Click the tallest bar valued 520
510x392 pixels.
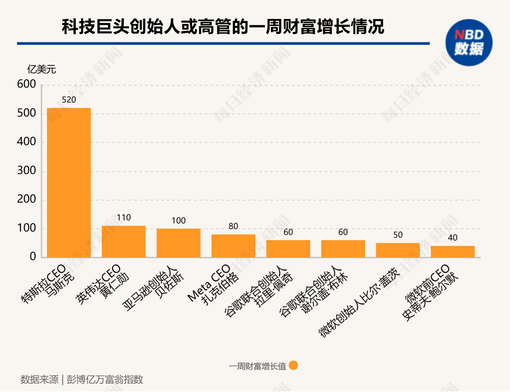pyautogui.click(x=69, y=183)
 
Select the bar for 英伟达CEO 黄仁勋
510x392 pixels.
pyautogui.click(x=123, y=242)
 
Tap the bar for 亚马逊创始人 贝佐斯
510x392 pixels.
pyautogui.click(x=178, y=243)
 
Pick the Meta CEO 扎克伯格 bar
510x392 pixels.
pyautogui.click(x=233, y=246)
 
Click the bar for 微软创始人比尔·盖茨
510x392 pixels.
pyautogui.click(x=398, y=250)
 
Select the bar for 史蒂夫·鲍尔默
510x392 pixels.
pyautogui.click(x=452, y=252)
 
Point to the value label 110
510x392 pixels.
pyautogui.click(x=124, y=217)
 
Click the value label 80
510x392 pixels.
pyautogui.click(x=233, y=226)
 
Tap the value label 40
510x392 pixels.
pyautogui.click(x=452, y=238)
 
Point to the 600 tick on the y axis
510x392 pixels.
pyautogui.click(x=26, y=84)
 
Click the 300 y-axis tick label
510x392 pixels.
pyautogui.click(x=26, y=171)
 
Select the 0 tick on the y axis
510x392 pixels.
pyautogui.click(x=33, y=257)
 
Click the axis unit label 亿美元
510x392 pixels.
pyautogui.click(x=41, y=69)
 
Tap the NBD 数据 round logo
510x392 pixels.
pyautogui.click(x=469, y=43)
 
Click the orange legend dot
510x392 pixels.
pyautogui.click(x=293, y=365)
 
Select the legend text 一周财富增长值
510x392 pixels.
pyautogui.click(x=257, y=366)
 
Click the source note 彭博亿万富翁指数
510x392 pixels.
pyautogui.click(x=105, y=380)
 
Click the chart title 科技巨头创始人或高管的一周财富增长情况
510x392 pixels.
pyautogui.click(x=223, y=26)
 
